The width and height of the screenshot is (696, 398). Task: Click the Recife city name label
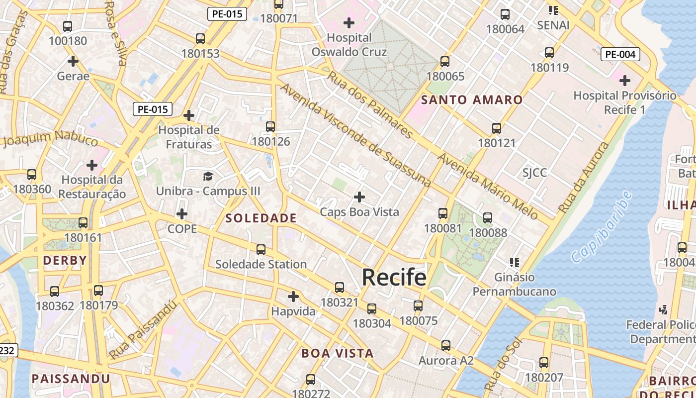pyautogui.click(x=394, y=277)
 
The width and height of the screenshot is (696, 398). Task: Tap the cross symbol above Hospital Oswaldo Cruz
pyautogui.click(x=349, y=22)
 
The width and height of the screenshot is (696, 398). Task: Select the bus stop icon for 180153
pyautogui.click(x=200, y=38)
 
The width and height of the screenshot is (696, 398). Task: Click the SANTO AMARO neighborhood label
pyautogui.click(x=472, y=100)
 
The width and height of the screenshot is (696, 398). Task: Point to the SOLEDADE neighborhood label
pyautogui.click(x=261, y=218)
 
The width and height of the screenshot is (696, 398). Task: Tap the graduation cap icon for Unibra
pyautogui.click(x=208, y=176)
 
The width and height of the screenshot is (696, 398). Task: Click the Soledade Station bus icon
pyautogui.click(x=261, y=249)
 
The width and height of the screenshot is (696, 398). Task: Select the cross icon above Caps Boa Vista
pyautogui.click(x=359, y=197)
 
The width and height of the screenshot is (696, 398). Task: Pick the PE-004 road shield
pyautogui.click(x=620, y=54)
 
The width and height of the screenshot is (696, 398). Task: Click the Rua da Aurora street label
pyautogui.click(x=584, y=178)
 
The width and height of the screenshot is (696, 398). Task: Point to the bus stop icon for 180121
pyautogui.click(x=496, y=128)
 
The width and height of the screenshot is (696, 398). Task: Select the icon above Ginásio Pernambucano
pyautogui.click(x=514, y=262)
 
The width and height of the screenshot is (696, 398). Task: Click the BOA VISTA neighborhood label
pyautogui.click(x=337, y=353)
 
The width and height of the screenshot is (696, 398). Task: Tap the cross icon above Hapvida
pyautogui.click(x=293, y=297)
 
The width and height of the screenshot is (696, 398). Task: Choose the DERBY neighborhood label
pyautogui.click(x=65, y=260)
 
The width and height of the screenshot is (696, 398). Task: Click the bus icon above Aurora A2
pyautogui.click(x=445, y=345)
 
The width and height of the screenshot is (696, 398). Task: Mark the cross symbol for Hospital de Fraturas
pyautogui.click(x=189, y=115)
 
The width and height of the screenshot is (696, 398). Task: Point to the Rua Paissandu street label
pyautogui.click(x=143, y=330)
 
